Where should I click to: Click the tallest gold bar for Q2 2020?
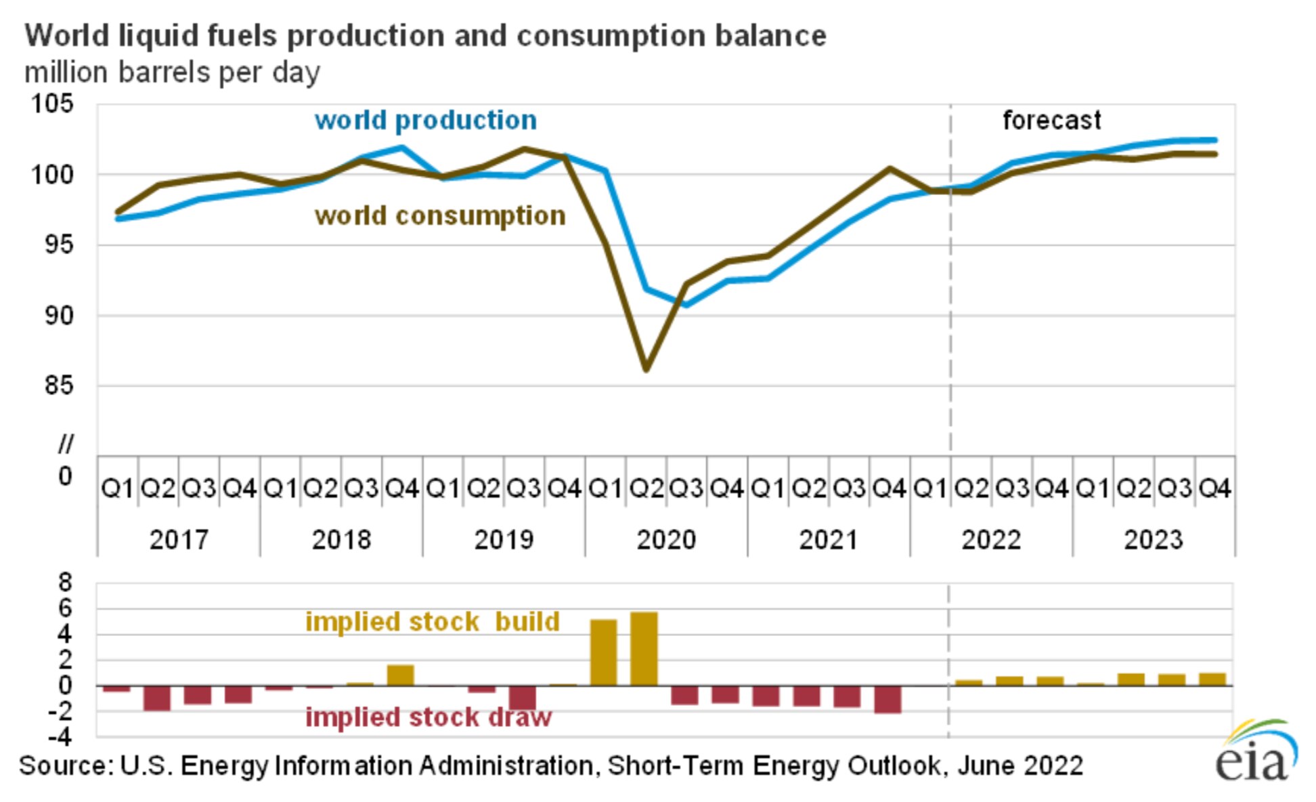tap(643, 648)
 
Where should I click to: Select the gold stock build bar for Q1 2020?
tap(603, 652)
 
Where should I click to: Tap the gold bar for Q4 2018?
tap(400, 675)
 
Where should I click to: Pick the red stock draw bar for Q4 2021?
tap(887, 699)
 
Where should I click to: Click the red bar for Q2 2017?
tap(157, 698)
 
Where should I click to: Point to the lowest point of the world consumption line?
tap(646, 369)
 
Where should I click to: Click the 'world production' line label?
tap(426, 120)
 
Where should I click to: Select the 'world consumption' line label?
tap(440, 215)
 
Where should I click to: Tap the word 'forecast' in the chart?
tap(1051, 120)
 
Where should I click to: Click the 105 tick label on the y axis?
tap(52, 104)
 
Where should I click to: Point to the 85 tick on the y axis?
tap(58, 385)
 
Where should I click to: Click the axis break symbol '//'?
tap(65, 444)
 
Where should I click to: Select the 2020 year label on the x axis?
tap(666, 540)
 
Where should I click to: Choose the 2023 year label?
tap(1154, 540)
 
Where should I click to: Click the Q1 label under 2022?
tap(930, 488)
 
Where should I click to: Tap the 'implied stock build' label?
tap(433, 621)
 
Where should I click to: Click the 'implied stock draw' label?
tap(429, 717)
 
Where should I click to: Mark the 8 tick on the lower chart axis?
tap(65, 582)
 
